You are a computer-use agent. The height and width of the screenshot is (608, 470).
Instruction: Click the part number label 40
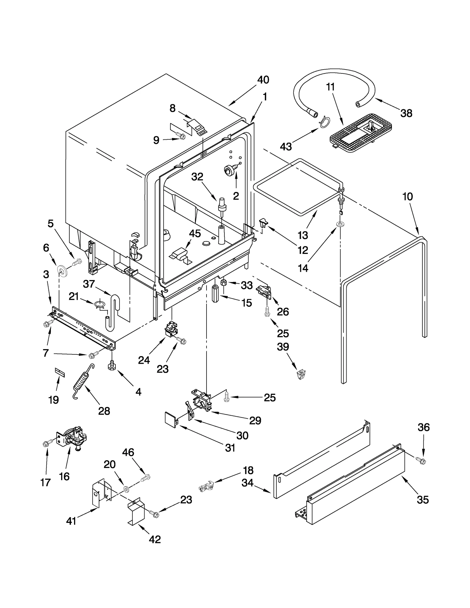click(263, 80)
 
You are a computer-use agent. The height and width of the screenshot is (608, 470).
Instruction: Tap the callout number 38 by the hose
click(406, 113)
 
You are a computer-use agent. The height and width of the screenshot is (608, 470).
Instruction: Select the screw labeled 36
click(421, 461)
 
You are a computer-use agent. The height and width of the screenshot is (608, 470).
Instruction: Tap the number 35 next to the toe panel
click(422, 499)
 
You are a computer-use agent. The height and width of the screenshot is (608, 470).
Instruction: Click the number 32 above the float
click(197, 176)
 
